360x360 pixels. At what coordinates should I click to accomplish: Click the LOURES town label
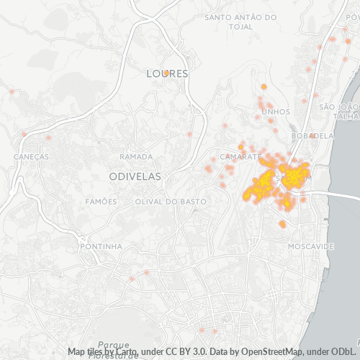[166, 73]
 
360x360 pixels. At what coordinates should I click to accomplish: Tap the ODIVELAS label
[135, 176]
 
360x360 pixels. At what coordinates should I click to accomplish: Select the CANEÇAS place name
[31, 156]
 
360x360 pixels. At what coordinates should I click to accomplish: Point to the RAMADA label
[136, 156]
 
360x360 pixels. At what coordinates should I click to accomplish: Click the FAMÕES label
[101, 202]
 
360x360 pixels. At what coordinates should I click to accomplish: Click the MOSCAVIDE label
[310, 246]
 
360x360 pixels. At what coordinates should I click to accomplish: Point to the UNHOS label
[276, 112]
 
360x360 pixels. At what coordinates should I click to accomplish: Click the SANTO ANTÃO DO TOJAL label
[240, 21]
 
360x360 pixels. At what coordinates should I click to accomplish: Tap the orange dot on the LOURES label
[166, 73]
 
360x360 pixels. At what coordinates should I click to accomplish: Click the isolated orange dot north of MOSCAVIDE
[283, 225]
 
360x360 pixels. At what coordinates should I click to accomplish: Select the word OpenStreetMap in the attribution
[266, 351]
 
